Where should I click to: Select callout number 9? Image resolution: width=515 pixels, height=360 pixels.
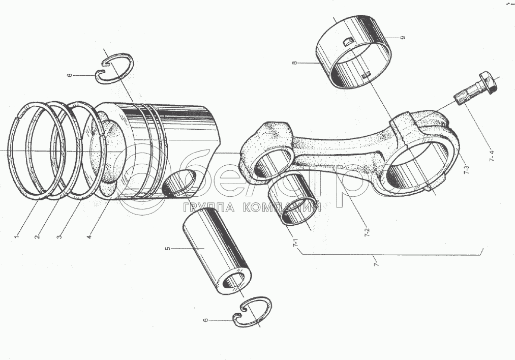click(402, 39)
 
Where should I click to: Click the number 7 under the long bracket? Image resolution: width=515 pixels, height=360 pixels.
click(376, 264)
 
